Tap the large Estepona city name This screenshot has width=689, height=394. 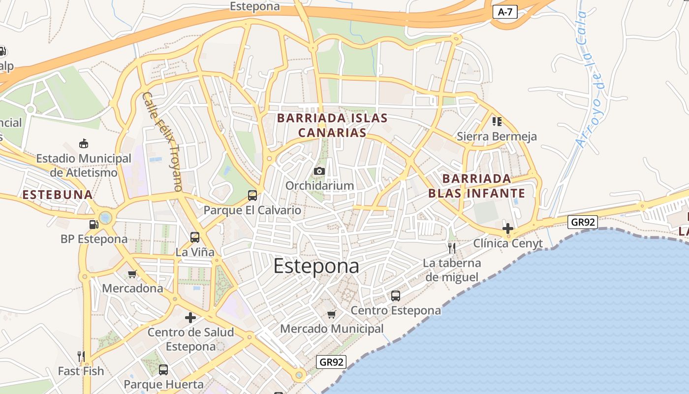[316, 266]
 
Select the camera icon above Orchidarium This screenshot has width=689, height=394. [319, 171]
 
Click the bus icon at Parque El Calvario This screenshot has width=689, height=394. [252, 196]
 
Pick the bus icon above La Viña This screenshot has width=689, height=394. [195, 237]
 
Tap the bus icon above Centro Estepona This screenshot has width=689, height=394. [396, 296]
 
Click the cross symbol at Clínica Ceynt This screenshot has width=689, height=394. [508, 229]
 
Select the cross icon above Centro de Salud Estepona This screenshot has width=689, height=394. [190, 318]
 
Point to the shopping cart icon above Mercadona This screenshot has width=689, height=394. [132, 274]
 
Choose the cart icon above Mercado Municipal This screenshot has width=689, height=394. [332, 314]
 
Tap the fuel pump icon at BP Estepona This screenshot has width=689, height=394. [94, 225]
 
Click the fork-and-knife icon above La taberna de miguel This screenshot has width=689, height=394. [452, 248]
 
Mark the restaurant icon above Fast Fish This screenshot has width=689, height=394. [81, 356]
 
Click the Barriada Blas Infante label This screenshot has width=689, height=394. [476, 186]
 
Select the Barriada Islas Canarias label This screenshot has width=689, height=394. [333, 125]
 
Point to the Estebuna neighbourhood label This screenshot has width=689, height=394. [58, 195]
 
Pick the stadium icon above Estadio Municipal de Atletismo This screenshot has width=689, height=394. [84, 144]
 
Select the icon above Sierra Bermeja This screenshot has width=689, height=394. [497, 121]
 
